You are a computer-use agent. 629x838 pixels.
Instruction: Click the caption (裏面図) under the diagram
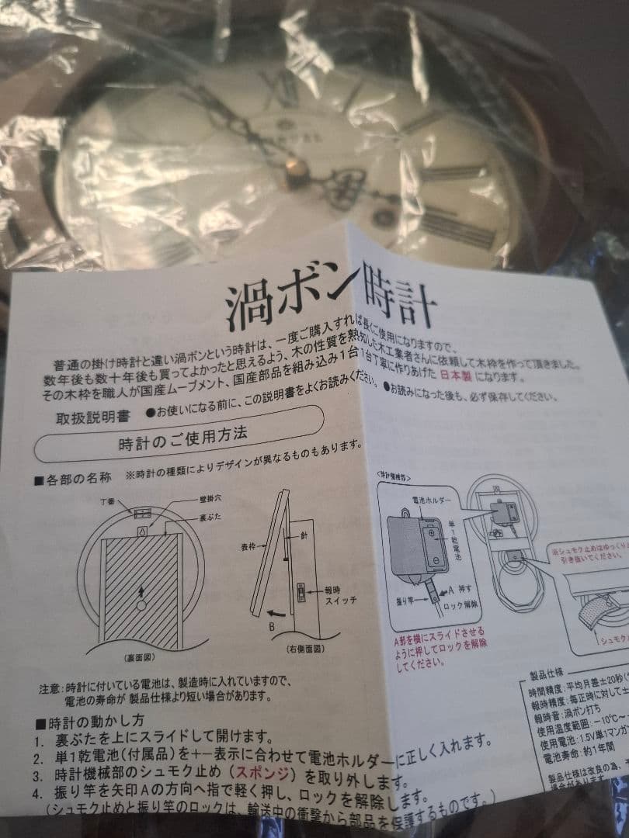pyautogui.click(x=120, y=656)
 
